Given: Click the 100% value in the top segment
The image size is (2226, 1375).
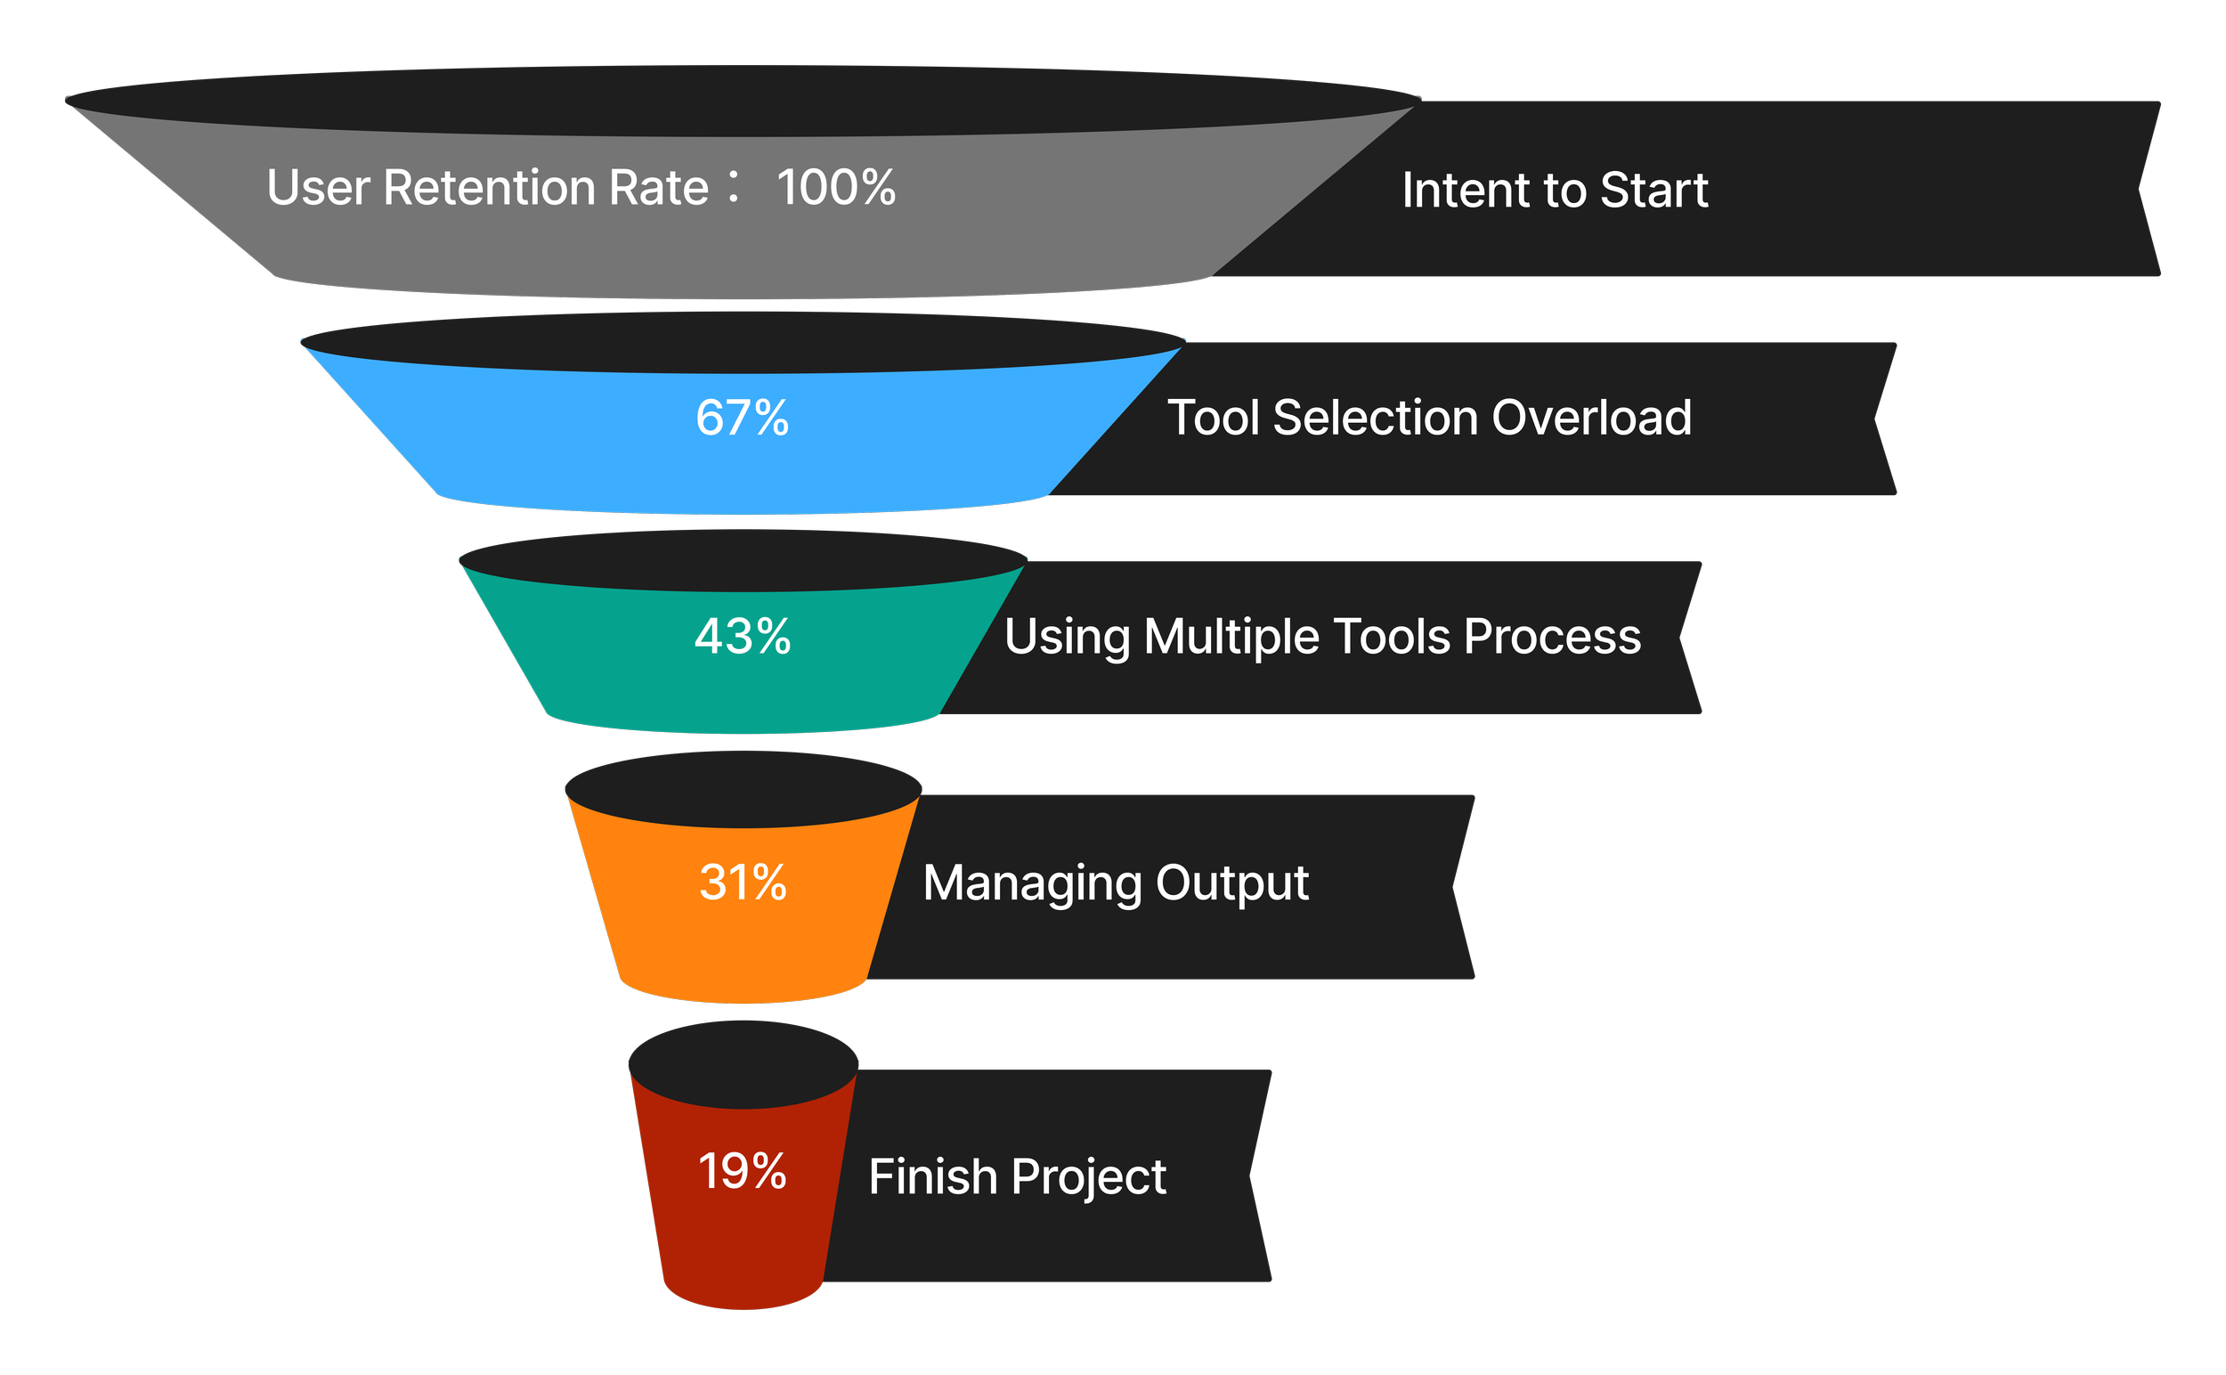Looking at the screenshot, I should point(836,188).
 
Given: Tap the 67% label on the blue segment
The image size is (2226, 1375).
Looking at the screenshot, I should point(742,419).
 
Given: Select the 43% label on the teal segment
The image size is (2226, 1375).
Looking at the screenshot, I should point(742,637).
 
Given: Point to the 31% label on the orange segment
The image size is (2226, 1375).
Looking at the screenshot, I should point(742,883).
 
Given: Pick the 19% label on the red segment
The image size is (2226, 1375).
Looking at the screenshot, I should point(742,1171).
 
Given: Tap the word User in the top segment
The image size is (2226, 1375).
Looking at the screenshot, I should point(318,188).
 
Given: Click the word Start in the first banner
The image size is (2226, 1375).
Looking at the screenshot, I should point(1654,190).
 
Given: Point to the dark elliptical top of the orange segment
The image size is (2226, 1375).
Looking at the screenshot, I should point(743,788).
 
